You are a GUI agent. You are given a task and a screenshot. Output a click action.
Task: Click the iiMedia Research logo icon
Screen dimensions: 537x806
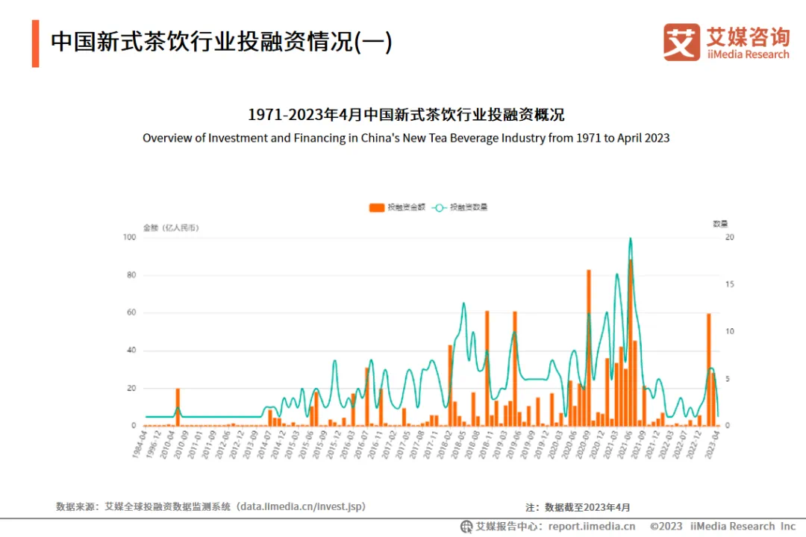tap(681, 42)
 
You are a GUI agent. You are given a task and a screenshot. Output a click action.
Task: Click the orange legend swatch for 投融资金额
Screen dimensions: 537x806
tap(377, 207)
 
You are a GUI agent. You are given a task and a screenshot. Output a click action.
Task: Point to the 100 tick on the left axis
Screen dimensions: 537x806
tap(129, 237)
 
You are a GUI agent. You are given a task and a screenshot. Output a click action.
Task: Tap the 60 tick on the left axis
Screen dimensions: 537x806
tap(131, 313)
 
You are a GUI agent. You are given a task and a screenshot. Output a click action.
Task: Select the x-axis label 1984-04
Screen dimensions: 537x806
tap(138, 446)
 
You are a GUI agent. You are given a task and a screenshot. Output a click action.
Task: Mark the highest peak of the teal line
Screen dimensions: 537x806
tap(631, 239)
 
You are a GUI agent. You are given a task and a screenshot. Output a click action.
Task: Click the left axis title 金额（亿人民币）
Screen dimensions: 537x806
tap(171, 227)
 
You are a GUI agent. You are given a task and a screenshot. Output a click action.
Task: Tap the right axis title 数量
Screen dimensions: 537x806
tap(719, 224)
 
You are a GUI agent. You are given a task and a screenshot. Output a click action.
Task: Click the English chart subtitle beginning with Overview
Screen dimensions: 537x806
tap(406, 138)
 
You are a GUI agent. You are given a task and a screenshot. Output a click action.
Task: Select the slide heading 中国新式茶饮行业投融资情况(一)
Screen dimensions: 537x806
tap(221, 42)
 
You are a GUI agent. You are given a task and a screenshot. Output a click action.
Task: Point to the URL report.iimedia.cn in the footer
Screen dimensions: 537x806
tap(587, 526)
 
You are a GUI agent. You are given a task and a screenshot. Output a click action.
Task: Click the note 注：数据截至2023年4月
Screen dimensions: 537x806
tap(578, 507)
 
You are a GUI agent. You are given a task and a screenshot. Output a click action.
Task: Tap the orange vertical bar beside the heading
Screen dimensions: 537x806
tap(35, 43)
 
